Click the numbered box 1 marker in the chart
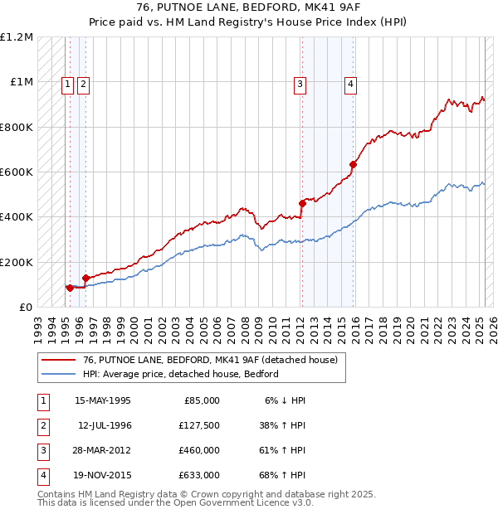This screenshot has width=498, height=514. tap(67, 83)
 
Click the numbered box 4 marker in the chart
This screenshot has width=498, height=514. tap(351, 83)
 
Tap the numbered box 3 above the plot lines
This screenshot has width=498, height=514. tap(300, 83)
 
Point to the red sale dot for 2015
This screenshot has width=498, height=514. tap(353, 164)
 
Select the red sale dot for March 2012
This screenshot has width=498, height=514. tap(302, 203)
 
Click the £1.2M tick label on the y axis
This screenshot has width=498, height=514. tap(17, 37)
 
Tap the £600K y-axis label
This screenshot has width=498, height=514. tap(17, 172)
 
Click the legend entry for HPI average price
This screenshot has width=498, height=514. tap(180, 374)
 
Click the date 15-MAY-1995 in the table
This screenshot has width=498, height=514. tap(103, 400)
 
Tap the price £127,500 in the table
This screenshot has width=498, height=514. tap(199, 425)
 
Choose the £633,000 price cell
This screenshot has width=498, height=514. tap(199, 475)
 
